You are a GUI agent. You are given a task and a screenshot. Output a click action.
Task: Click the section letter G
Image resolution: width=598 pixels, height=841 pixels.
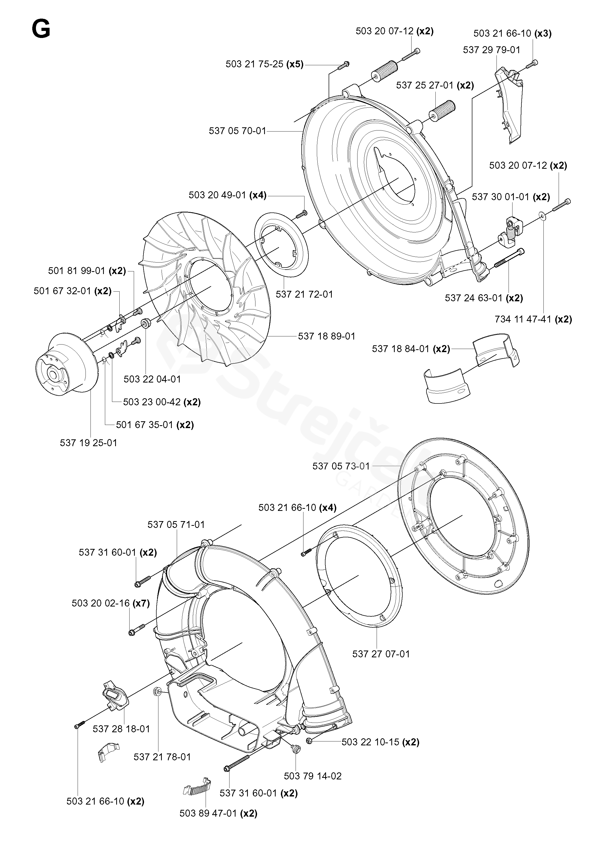click(41, 29)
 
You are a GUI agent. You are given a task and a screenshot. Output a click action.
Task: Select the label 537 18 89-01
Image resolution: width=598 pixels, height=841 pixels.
click(327, 336)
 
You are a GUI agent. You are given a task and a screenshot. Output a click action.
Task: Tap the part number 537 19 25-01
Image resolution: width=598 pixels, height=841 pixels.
click(88, 443)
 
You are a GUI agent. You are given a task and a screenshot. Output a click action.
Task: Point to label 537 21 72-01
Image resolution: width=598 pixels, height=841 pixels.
click(304, 294)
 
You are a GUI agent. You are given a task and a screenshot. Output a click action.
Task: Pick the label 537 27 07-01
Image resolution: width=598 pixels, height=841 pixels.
click(381, 654)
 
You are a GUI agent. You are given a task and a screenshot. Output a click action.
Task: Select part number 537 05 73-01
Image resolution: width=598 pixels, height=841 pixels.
click(341, 466)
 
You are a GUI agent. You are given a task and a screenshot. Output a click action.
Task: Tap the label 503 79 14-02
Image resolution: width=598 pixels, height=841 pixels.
click(313, 776)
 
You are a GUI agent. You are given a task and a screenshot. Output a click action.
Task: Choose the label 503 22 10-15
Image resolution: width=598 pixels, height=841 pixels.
click(370, 742)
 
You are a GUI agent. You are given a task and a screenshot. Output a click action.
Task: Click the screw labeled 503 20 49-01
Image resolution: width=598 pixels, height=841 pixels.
click(302, 213)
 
